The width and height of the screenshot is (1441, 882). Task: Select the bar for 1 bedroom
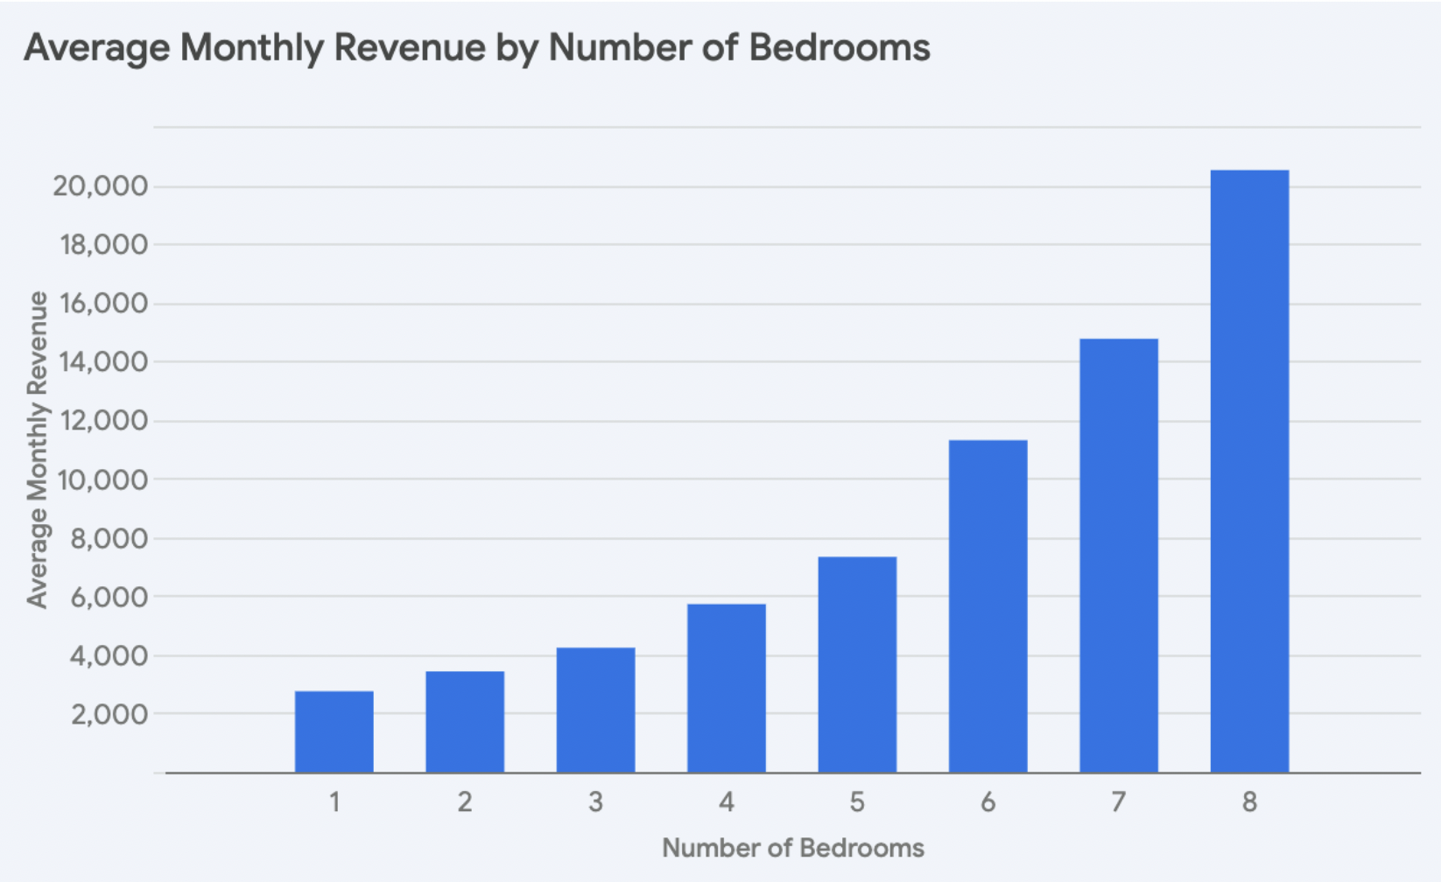(x=334, y=731)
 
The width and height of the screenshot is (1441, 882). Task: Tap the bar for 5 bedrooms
(x=857, y=664)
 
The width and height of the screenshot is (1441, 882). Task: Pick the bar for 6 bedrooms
(x=988, y=605)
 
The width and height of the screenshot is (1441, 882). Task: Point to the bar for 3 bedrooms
(x=595, y=710)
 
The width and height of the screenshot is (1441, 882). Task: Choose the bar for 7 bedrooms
(x=1118, y=555)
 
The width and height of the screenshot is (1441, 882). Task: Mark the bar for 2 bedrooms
(x=465, y=721)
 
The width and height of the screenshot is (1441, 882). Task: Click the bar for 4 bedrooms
(x=726, y=688)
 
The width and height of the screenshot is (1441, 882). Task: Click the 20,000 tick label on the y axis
(x=100, y=185)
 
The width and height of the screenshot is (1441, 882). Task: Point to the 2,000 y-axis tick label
(x=109, y=714)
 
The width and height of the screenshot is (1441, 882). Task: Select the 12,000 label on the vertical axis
(x=102, y=421)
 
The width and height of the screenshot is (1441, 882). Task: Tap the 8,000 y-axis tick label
(x=109, y=538)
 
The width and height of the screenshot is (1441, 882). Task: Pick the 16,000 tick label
(x=102, y=304)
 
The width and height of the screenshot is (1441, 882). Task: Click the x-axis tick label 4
(x=726, y=801)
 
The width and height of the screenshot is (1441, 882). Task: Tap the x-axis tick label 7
(x=1118, y=801)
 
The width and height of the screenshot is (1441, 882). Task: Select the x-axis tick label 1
(x=334, y=801)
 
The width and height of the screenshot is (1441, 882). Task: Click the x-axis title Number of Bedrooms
(x=792, y=848)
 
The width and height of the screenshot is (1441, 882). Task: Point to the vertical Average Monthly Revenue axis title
(x=37, y=450)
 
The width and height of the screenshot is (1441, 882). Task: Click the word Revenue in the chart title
(x=409, y=48)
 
